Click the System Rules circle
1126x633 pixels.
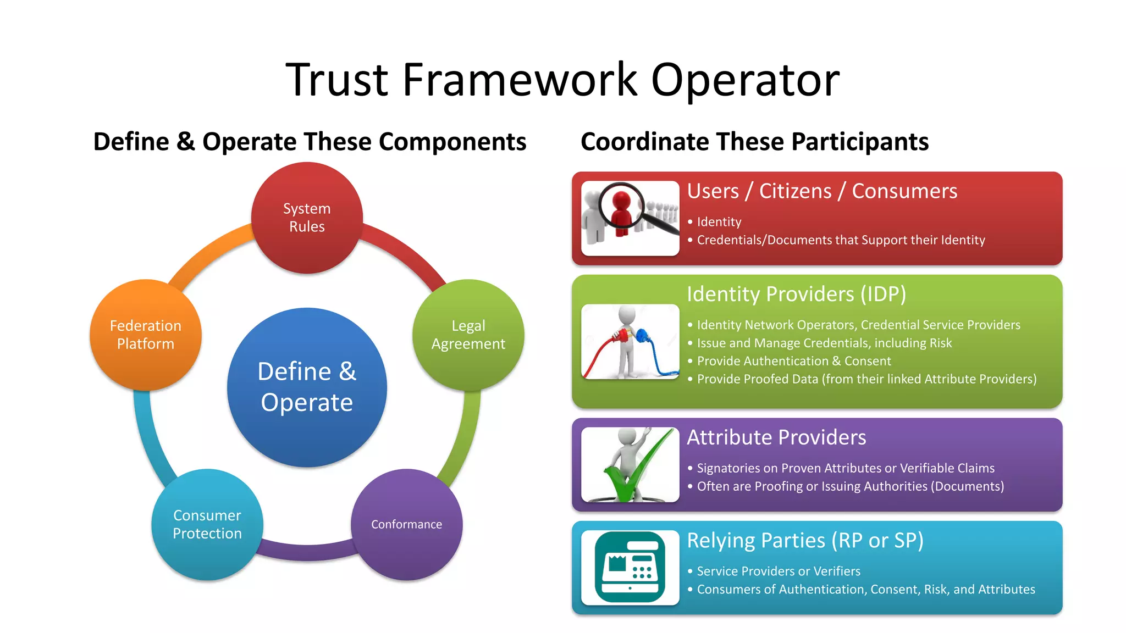tap(307, 218)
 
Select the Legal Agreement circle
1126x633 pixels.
tap(468, 335)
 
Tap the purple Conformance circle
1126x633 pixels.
tap(406, 524)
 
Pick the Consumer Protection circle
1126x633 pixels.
tap(207, 524)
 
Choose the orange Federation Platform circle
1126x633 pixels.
tap(146, 335)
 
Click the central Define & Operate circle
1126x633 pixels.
tap(307, 387)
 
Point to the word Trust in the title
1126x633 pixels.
tap(337, 80)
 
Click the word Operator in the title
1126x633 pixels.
tap(745, 80)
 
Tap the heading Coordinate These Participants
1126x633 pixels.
tap(754, 142)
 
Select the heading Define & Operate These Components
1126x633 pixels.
tap(310, 142)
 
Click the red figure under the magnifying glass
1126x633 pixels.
tap(621, 212)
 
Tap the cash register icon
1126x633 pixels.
tap(630, 567)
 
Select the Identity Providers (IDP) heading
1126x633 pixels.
tap(796, 294)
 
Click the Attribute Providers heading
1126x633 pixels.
tap(776, 437)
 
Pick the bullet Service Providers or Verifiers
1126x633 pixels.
tap(779, 571)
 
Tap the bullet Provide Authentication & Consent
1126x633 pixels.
tap(794, 361)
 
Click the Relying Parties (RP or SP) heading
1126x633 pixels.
tap(805, 541)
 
